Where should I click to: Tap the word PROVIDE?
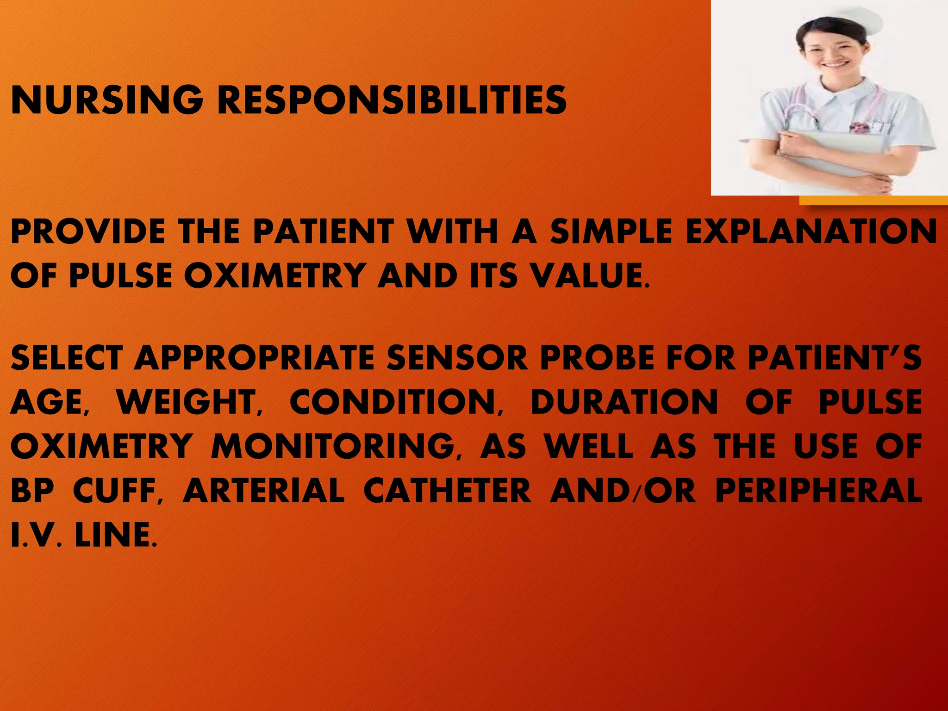click(x=87, y=231)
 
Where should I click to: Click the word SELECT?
click(x=67, y=357)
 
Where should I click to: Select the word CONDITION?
click(x=395, y=401)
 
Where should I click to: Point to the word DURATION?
click(x=624, y=401)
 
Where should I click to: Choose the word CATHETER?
click(x=447, y=490)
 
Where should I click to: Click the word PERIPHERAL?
click(x=818, y=490)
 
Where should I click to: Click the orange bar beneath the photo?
click(x=873, y=200)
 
